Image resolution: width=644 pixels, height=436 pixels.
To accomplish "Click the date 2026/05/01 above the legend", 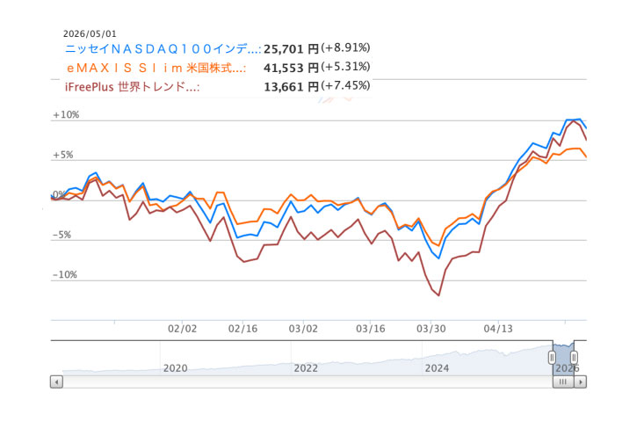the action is tap(90, 33).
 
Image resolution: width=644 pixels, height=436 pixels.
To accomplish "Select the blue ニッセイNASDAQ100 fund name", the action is tap(163, 49).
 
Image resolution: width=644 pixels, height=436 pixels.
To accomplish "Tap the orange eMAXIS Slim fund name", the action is tap(156, 68).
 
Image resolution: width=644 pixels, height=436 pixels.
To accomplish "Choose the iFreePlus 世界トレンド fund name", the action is tap(133, 87).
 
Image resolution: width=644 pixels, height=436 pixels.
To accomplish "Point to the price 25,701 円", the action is tap(291, 49).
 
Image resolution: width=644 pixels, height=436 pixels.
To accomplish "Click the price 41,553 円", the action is tap(291, 68).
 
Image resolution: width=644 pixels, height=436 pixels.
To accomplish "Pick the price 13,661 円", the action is tap(291, 87).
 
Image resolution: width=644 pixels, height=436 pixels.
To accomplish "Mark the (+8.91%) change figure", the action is tap(345, 47).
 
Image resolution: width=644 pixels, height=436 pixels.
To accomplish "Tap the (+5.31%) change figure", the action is tap(345, 67).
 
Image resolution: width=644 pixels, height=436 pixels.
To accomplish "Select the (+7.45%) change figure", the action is tap(345, 85).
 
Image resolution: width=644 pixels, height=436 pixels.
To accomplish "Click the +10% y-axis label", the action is tap(66, 114).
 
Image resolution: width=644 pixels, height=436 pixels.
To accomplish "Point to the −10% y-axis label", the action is tap(65, 274).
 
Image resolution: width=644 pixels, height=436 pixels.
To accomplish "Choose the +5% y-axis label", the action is tap(63, 155).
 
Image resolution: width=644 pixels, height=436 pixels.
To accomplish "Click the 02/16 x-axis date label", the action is tap(242, 329).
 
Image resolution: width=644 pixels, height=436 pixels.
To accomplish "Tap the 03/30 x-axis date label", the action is tap(431, 329).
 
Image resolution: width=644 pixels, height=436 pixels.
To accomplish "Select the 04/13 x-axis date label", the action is tap(498, 329).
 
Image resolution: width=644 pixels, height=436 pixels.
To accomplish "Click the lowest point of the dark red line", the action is tap(439, 295).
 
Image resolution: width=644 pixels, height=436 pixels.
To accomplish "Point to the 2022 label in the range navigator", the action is tap(306, 367).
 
